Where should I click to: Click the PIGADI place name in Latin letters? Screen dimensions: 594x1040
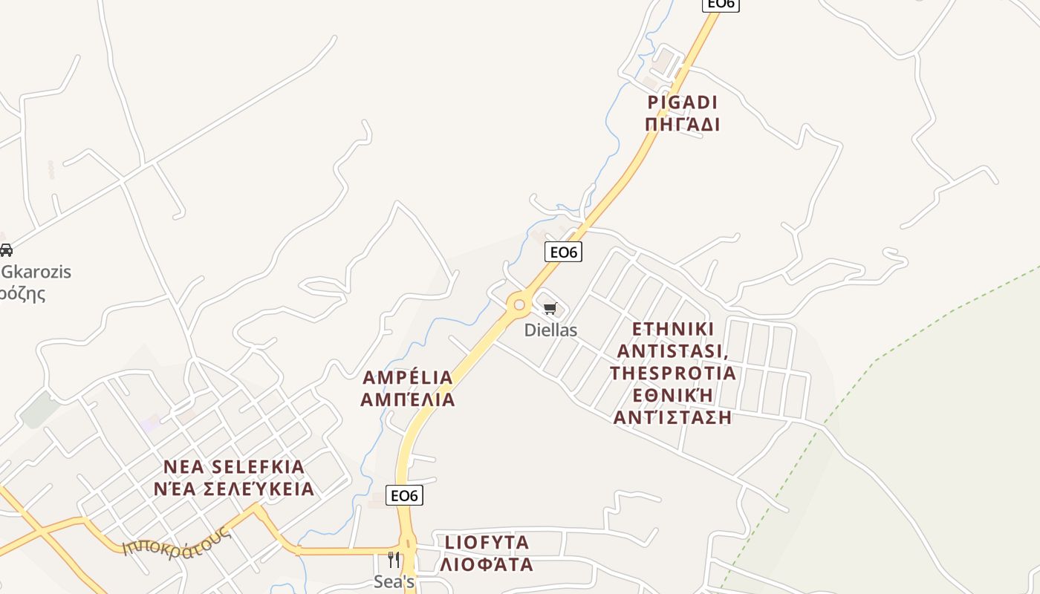(683, 102)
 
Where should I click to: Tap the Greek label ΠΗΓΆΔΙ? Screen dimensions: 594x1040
(683, 124)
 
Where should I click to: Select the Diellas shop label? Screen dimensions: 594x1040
(550, 330)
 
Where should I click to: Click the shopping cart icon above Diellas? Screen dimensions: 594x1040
(550, 309)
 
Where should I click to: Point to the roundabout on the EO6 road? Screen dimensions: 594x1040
(519, 305)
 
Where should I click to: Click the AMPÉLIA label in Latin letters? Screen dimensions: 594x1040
(407, 377)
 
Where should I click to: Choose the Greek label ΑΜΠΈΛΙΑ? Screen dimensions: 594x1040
(407, 399)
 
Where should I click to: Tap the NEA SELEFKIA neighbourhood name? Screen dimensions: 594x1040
(234, 467)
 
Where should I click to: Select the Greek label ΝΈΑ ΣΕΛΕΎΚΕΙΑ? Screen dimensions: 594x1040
(234, 489)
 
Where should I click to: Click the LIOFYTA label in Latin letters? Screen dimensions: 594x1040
(487, 542)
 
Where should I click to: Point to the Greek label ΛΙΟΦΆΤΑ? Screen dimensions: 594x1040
(487, 564)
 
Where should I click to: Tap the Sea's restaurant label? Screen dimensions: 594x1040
(394, 582)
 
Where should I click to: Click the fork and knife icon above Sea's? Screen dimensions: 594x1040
(394, 560)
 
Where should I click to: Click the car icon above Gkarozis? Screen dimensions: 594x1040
(6, 250)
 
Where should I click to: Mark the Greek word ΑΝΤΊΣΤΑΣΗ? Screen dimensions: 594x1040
(673, 417)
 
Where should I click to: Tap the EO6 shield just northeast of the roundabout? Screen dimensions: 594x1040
(563, 252)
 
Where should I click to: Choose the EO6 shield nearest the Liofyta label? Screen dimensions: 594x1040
(405, 495)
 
